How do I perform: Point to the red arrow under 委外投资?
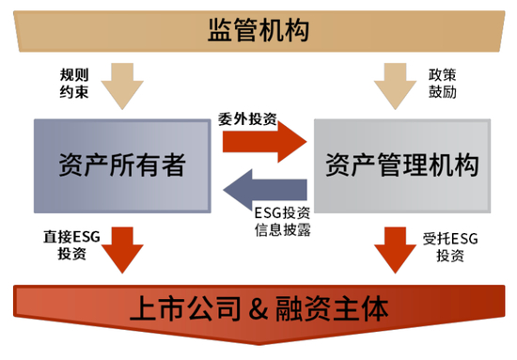tap(264, 139)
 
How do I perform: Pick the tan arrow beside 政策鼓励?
tap(396, 84)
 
